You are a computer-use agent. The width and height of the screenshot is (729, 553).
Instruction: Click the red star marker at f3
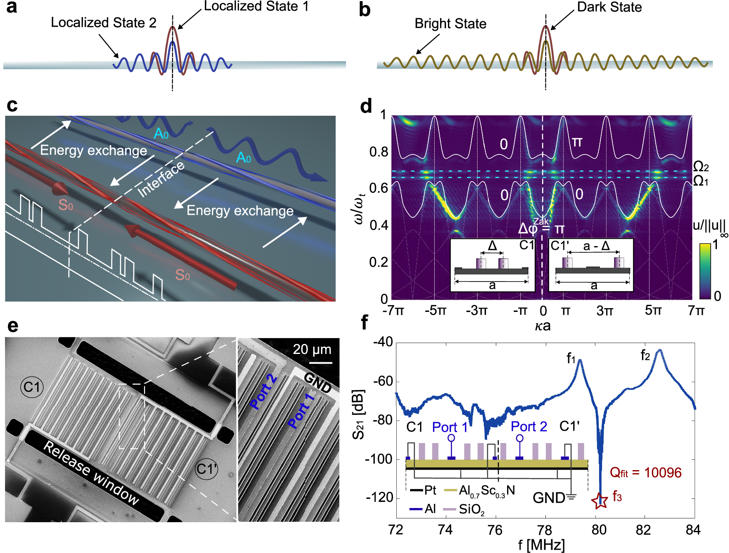[x=600, y=500]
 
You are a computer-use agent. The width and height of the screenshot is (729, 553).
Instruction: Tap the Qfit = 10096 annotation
[x=645, y=473]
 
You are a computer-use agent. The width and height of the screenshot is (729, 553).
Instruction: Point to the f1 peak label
[x=571, y=358]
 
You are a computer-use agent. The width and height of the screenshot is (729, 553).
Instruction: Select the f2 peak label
[x=645, y=355]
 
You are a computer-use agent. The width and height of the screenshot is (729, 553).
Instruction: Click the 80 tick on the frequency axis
[x=599, y=530]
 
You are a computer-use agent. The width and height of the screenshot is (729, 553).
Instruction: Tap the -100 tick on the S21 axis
[x=378, y=459]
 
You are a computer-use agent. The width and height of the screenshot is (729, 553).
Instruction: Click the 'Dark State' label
[x=609, y=7]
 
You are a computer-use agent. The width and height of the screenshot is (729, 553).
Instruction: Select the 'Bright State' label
[x=450, y=24]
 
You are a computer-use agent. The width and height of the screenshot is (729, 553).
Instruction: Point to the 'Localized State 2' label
[x=103, y=22]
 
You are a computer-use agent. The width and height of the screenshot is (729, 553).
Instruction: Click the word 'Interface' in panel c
[x=161, y=179]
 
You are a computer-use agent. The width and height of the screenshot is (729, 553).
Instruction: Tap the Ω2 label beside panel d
[x=701, y=167]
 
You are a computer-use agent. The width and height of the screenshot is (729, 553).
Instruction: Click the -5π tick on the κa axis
[x=435, y=311]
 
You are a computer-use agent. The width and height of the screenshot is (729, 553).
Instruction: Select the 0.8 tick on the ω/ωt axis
[x=378, y=152]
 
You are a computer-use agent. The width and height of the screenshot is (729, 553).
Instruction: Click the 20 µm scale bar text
[x=312, y=349]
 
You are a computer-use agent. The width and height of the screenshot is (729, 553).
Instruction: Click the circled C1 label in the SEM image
[x=32, y=387]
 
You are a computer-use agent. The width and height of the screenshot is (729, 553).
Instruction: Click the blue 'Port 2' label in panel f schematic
[x=529, y=427]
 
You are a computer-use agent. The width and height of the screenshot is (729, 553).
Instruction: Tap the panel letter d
[x=366, y=107]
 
